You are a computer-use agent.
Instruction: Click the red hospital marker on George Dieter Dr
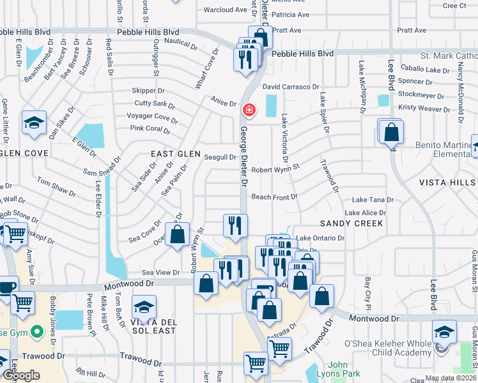[247, 110]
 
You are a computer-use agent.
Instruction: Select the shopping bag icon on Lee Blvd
[390, 132]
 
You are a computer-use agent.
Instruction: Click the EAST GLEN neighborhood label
[171, 154]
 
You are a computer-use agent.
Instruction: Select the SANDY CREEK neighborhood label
[351, 223]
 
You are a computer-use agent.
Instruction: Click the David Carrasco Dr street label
[291, 86]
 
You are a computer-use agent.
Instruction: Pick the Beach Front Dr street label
[274, 197]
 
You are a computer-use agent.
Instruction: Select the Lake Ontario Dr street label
[320, 238]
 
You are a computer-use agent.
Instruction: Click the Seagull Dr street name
[220, 157]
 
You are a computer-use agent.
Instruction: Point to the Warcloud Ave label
[225, 10]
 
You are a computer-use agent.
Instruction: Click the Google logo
[20, 375]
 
